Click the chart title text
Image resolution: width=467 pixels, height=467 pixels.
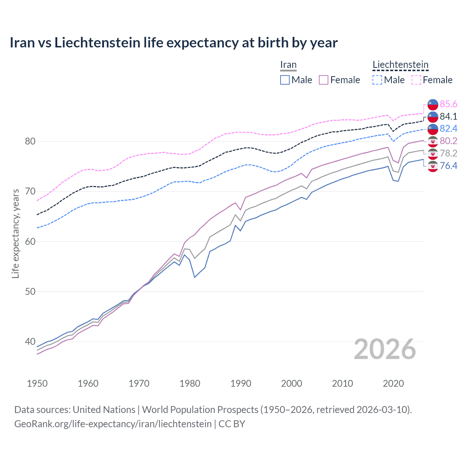coord(174,43)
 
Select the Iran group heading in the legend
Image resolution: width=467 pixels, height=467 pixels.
coord(288,65)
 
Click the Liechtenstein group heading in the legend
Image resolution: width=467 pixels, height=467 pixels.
coord(400,65)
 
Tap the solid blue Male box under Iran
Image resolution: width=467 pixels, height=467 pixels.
coord(285,80)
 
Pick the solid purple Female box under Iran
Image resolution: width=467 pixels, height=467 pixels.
coord(324,80)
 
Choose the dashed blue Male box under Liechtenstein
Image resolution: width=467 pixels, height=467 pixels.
coord(377,80)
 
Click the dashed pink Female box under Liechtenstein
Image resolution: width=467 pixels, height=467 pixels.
coord(416,80)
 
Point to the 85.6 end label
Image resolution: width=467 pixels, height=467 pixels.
coord(448,104)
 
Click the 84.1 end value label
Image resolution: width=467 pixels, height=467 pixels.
coord(448,116)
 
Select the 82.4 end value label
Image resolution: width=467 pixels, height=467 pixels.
coord(448,128)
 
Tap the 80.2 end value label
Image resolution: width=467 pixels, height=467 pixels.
coord(448,141)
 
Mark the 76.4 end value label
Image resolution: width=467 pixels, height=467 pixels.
coord(448,166)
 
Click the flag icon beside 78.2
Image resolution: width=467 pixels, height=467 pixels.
coord(433,154)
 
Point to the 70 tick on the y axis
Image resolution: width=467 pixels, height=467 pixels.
coord(30,192)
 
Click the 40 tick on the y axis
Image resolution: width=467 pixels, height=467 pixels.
coord(30,342)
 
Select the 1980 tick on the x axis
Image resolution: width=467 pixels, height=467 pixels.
coord(190,383)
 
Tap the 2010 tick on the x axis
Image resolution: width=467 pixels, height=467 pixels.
coord(342,383)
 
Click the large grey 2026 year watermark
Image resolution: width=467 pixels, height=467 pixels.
coord(385,350)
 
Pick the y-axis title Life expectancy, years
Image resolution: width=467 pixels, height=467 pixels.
coord(16,233)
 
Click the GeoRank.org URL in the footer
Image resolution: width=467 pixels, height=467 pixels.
coord(113,424)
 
